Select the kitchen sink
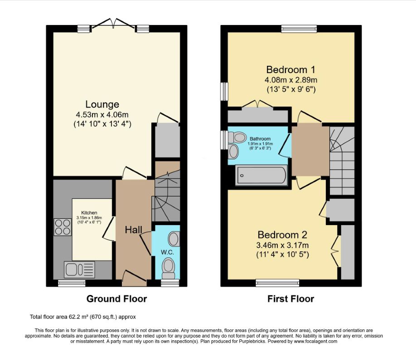click(79, 270)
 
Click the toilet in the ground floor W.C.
click(168, 268)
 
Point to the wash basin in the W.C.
click(173, 238)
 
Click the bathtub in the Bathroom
click(262, 176)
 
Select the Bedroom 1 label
click(290, 70)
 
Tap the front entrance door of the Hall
click(135, 278)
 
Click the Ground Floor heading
click(116, 299)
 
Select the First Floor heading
click(290, 299)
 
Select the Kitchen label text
click(89, 212)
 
